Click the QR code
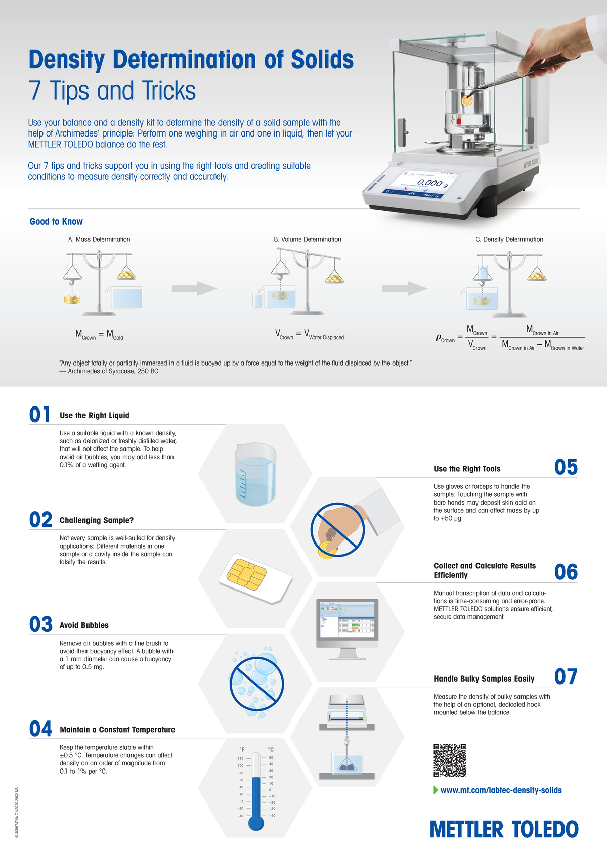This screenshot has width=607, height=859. click(450, 760)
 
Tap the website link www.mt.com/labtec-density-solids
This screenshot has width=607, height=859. click(501, 790)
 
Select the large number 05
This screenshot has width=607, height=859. click(566, 467)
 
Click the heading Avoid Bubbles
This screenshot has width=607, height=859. click(84, 625)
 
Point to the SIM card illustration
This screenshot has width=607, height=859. click(255, 578)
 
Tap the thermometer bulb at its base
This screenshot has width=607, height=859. click(256, 823)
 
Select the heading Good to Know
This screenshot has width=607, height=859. click(56, 221)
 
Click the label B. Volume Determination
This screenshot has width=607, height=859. click(308, 239)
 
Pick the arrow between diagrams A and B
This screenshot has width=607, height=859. click(194, 288)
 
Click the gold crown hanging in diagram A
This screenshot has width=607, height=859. click(72, 300)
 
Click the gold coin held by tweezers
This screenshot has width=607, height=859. click(467, 101)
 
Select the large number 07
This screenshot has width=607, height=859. click(566, 677)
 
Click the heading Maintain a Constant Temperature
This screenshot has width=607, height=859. click(117, 730)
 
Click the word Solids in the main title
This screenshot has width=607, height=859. click(322, 59)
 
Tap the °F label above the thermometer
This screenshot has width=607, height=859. click(242, 749)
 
